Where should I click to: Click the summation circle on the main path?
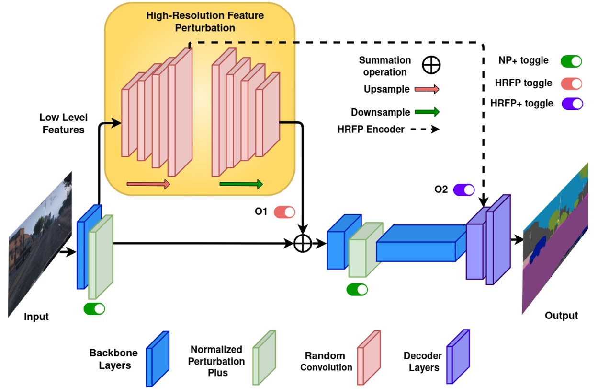point(302,244)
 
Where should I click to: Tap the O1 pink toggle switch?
point(284,212)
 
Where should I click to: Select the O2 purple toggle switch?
point(464,189)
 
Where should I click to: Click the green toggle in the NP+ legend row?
point(571,61)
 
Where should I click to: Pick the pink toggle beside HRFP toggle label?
point(571,83)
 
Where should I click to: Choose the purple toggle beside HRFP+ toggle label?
point(572,103)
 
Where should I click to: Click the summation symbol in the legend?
point(431,65)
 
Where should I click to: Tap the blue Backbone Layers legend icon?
point(158,358)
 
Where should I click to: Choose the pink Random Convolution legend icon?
point(369,357)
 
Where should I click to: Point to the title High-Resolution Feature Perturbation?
point(204,22)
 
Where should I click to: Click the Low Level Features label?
point(63,124)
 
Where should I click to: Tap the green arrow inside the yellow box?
point(241,184)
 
